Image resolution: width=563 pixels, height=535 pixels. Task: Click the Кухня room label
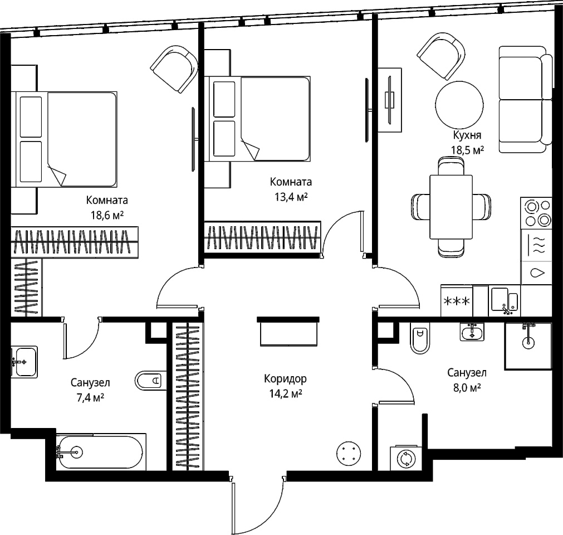467,135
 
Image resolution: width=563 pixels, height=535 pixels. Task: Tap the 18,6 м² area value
107,215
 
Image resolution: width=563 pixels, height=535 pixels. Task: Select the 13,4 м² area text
291,197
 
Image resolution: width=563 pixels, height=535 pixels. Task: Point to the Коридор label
286,379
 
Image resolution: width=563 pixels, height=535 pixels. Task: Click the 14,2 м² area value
286,394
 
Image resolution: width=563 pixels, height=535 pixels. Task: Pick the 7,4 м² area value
90,398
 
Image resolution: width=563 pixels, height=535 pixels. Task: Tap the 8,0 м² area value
467,388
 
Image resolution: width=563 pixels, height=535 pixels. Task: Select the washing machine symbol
406,459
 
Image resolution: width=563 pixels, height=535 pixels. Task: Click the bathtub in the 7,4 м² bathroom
101,451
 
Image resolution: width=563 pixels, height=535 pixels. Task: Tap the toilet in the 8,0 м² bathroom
420,338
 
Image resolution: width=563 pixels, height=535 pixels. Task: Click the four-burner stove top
536,213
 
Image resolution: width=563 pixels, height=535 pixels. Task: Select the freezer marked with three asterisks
457,301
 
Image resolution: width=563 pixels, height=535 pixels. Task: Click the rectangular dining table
451,207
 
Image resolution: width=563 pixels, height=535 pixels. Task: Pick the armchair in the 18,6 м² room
174,69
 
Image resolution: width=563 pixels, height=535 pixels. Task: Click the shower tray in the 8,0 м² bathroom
528,346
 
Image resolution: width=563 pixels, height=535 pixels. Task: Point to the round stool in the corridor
349,454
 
